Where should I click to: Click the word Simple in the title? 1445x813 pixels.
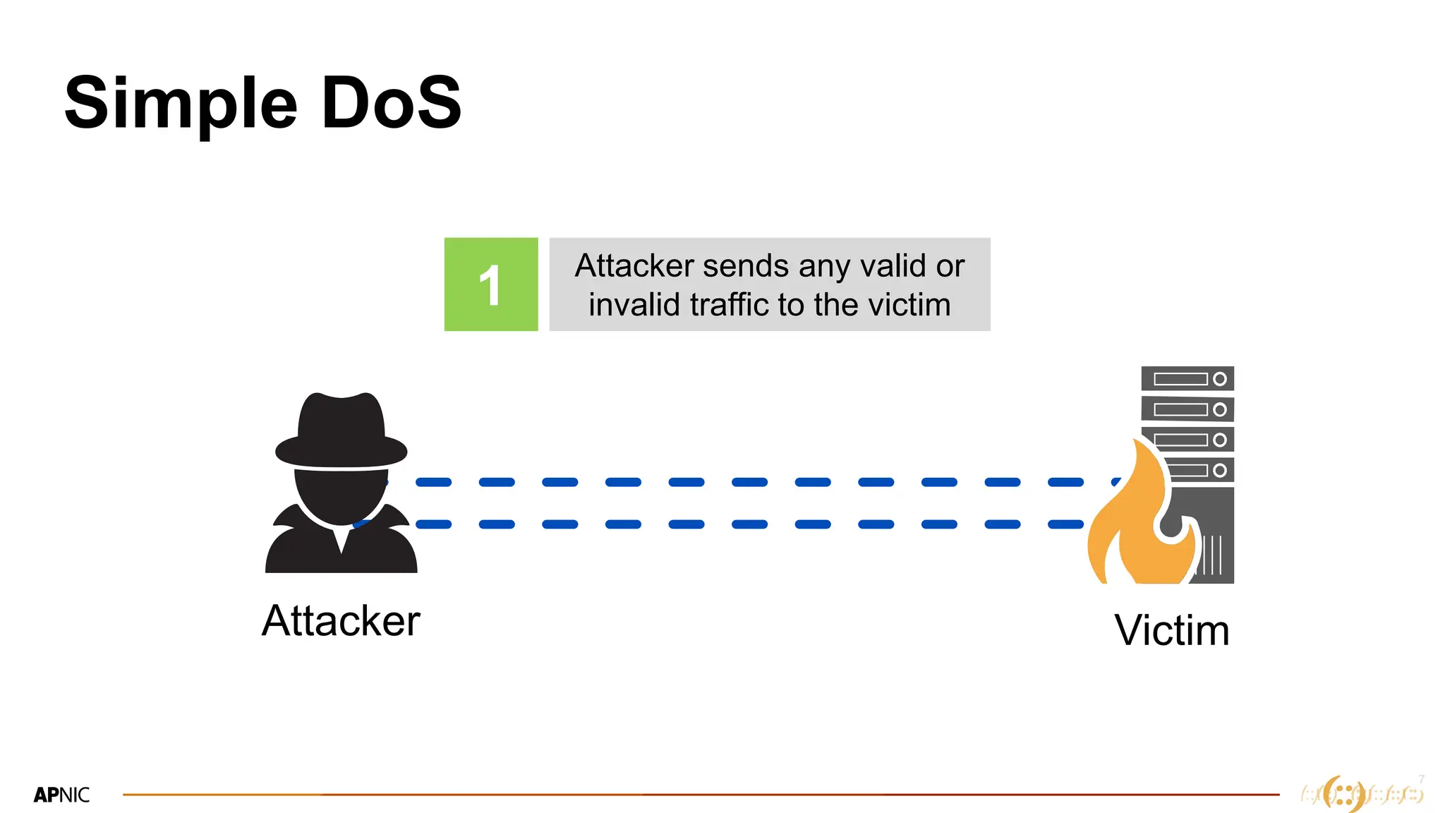tap(181, 104)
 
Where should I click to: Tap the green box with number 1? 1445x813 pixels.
tap(491, 284)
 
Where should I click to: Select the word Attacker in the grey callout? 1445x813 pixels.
tap(634, 266)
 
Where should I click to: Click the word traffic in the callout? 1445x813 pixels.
tap(730, 305)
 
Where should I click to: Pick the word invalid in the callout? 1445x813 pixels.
tap(634, 305)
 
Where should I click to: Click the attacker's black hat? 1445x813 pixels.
tap(341, 430)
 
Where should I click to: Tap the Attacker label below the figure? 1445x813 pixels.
tap(341, 621)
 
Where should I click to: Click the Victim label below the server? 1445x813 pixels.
tap(1172, 630)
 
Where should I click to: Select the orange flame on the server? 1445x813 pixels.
tap(1136, 522)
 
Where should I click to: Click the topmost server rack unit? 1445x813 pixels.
tap(1187, 379)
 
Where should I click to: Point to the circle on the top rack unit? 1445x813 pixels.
tap(1219, 379)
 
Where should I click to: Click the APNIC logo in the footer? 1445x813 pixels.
tap(61, 795)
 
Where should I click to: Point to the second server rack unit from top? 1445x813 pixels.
tap(1187, 409)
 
